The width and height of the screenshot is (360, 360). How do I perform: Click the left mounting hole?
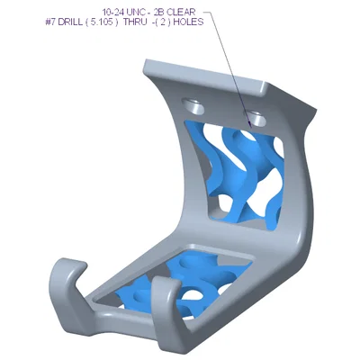(193, 106)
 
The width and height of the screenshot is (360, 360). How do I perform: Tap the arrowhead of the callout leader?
(249, 124)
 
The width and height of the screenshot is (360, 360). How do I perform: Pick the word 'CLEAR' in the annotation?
(181, 13)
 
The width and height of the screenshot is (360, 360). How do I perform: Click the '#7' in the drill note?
(50, 22)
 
